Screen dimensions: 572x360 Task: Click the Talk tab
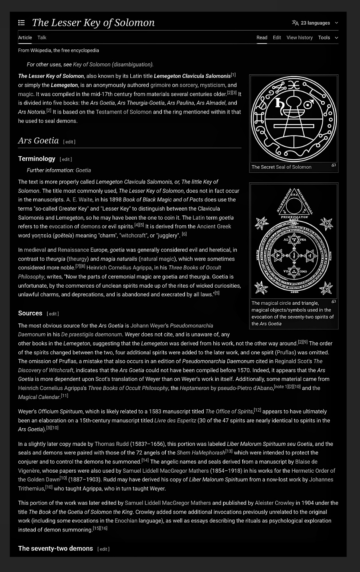[42, 38]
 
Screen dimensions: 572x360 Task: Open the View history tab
[299, 38]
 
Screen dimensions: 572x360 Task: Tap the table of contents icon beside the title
[22, 23]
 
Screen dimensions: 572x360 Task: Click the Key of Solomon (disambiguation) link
[113, 64]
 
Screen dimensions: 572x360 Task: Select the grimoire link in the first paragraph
[160, 85]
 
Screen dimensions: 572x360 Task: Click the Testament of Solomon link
[124, 112]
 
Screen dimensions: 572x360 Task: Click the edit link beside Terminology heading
[66, 159]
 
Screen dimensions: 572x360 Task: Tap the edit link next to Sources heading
[53, 314]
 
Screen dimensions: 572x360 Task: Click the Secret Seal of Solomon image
[294, 119]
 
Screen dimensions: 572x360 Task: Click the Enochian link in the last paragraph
[125, 521]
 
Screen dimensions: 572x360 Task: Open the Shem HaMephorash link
[201, 453]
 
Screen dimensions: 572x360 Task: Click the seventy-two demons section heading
[55, 549]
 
